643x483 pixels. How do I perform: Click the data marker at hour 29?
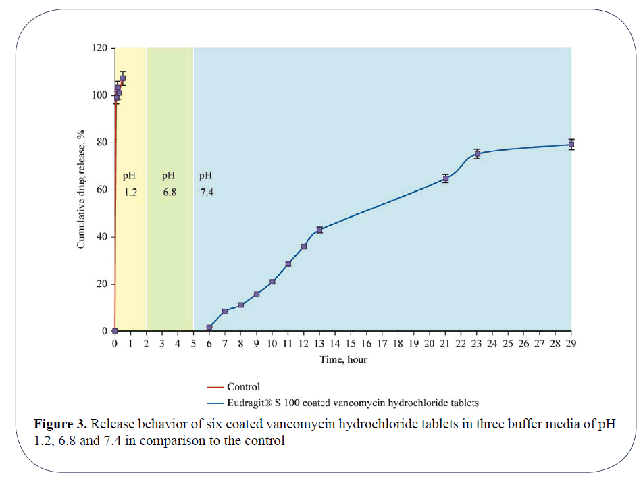571,144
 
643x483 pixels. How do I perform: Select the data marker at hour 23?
477,154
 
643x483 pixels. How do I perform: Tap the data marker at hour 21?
446,178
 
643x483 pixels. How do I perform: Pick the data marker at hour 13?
319,230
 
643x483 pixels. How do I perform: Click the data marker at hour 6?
209,328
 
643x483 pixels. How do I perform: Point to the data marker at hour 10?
272,282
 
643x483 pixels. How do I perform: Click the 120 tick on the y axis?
99,48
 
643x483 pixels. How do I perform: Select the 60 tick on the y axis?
102,190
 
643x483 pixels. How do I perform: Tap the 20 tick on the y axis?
102,284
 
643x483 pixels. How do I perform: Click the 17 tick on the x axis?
382,344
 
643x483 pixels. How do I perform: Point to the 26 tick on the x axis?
524,344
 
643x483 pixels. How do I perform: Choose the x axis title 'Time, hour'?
343,360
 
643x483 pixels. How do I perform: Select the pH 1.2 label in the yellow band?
130,184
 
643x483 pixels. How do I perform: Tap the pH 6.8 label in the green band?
170,184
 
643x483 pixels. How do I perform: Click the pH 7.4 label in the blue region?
207,184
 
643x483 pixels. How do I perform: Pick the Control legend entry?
243,387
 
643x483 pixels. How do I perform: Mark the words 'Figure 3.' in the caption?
60,425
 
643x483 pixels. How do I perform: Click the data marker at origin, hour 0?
115,331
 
